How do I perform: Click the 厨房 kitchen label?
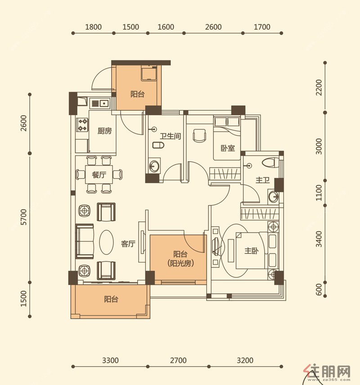(104, 131)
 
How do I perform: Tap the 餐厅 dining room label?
(99, 175)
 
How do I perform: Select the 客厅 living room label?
(128, 244)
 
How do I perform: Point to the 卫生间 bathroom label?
(170, 136)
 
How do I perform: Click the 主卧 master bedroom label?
(251, 251)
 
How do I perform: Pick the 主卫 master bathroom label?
(263, 180)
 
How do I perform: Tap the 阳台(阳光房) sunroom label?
(180, 259)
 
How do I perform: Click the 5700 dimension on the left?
(23, 217)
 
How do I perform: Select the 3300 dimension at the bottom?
(110, 360)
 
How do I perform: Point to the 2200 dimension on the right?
(319, 88)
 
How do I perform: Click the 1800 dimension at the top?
(93, 27)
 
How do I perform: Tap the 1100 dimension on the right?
(319, 193)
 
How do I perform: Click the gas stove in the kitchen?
(82, 124)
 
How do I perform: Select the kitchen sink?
(100, 103)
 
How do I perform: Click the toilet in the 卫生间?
(158, 145)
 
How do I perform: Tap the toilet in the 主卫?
(270, 163)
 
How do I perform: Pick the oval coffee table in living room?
(106, 242)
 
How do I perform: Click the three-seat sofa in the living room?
(85, 241)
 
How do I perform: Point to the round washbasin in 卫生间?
(154, 166)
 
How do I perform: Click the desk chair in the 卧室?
(200, 135)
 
